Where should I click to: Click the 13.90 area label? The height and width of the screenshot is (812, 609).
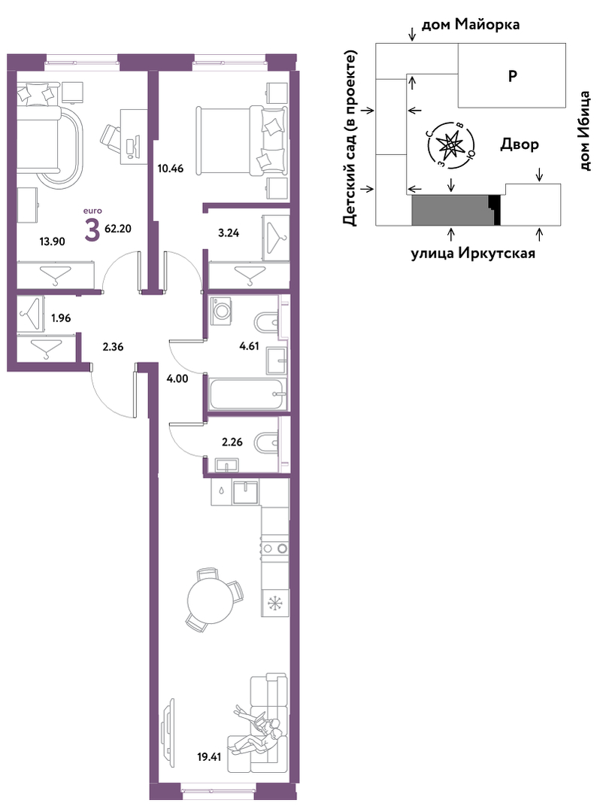tap(53, 241)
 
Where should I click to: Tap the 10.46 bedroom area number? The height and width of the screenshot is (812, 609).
tap(171, 169)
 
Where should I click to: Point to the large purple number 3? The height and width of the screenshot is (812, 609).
tap(92, 230)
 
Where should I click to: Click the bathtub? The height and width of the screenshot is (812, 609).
tap(247, 394)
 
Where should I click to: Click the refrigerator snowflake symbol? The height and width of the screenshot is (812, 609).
tap(273, 604)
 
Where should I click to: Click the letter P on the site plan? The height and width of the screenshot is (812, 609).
tap(512, 76)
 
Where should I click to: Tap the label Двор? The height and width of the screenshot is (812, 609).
tap(520, 144)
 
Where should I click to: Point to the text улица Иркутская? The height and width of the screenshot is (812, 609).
tap(473, 253)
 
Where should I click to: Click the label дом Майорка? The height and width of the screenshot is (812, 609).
tap(471, 25)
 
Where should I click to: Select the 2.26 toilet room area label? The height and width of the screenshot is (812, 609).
tap(232, 442)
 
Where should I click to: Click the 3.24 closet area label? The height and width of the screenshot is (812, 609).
tap(229, 233)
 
